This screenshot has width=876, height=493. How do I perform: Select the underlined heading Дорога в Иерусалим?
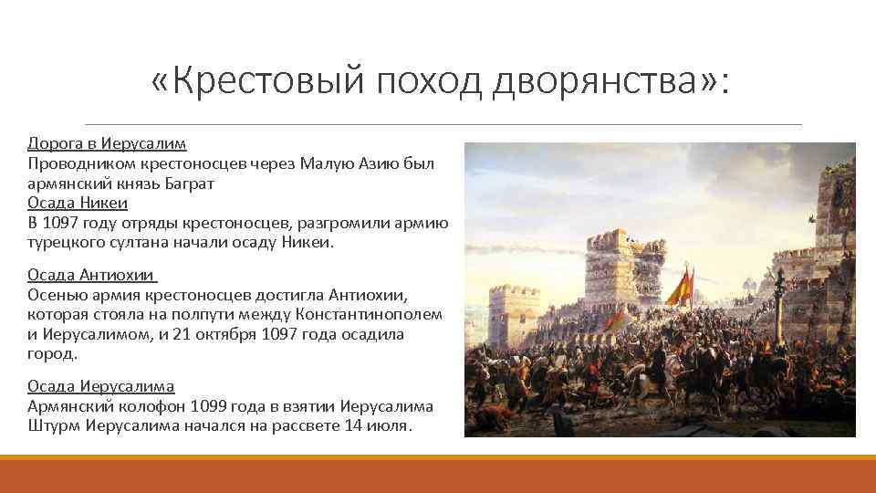[x=106, y=144]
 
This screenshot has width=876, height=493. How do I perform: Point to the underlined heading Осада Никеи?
[x=78, y=203]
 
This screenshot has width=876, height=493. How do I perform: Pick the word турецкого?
[x=62, y=242]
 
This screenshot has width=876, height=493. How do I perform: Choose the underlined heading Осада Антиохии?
[x=92, y=276]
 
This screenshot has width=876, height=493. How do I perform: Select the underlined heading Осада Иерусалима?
[x=100, y=386]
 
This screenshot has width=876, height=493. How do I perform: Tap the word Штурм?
[x=54, y=426]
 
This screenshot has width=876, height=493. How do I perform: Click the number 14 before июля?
[x=353, y=426]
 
